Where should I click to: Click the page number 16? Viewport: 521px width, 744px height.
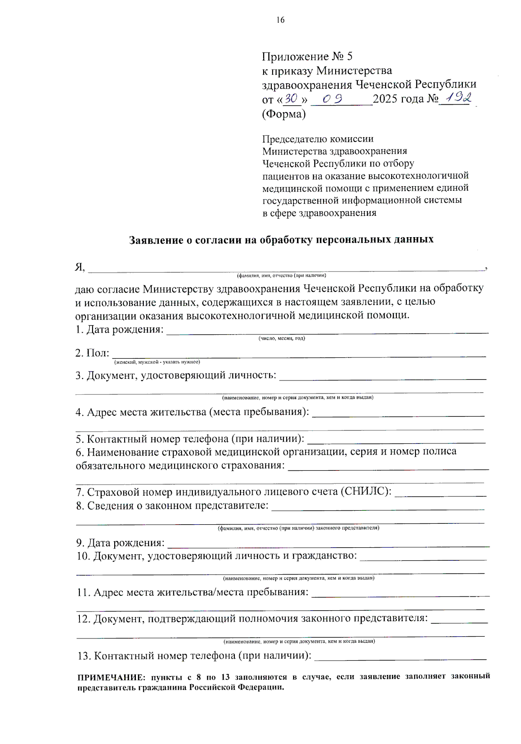click(280, 20)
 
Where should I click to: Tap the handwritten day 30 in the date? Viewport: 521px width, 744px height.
click(291, 99)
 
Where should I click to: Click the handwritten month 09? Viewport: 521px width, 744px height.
click(332, 99)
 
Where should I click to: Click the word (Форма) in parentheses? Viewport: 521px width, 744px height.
click(284, 114)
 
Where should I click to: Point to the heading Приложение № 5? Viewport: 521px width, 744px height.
click(307, 56)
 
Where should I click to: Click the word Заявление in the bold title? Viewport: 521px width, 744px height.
click(156, 240)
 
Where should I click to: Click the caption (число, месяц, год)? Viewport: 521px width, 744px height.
click(282, 338)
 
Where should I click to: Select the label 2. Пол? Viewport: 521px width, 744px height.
click(92, 353)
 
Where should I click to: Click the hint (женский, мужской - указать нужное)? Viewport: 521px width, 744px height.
click(157, 362)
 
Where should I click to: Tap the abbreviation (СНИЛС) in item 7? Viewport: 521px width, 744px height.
click(366, 492)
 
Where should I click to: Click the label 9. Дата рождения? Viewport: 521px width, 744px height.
click(121, 542)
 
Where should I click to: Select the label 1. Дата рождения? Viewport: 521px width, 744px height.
click(119, 329)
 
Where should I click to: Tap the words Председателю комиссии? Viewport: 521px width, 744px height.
click(318, 139)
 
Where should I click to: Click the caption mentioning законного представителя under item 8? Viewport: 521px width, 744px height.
click(298, 528)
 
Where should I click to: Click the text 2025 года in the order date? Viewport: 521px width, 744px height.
click(398, 99)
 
